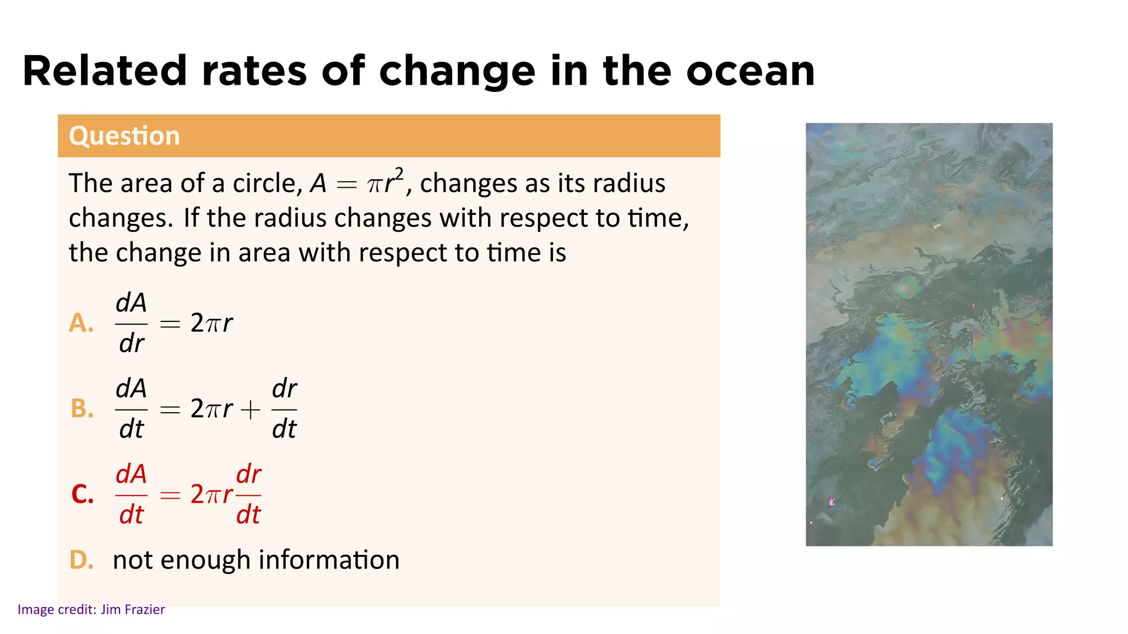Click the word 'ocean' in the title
click(x=750, y=72)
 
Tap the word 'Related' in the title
click(x=105, y=72)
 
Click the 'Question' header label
click(x=124, y=136)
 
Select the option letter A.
click(x=81, y=323)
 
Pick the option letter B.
click(x=82, y=409)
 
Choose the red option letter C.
click(x=83, y=494)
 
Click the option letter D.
click(x=81, y=560)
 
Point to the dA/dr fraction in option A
click(x=131, y=323)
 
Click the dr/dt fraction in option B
click(x=284, y=409)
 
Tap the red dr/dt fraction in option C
click(x=248, y=494)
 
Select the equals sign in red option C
click(x=170, y=495)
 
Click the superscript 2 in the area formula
click(x=399, y=175)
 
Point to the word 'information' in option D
click(x=329, y=560)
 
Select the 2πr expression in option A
click(x=211, y=323)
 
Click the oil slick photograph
click(x=929, y=334)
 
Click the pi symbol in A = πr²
click(x=375, y=185)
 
